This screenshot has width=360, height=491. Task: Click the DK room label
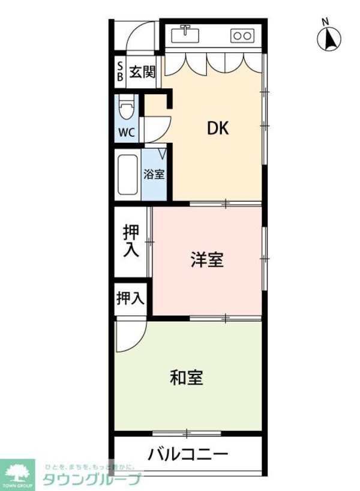[218, 128]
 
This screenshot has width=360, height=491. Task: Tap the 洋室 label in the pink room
[208, 260]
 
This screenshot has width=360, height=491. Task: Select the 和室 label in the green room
[186, 378]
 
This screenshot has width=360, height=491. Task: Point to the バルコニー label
[188, 453]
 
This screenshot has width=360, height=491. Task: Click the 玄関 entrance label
[144, 73]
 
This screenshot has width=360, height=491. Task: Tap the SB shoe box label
[119, 72]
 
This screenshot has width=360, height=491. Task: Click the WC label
[126, 131]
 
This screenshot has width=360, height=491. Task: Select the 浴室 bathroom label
[154, 175]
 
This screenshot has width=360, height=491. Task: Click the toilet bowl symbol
[126, 109]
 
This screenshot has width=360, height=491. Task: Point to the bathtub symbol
[128, 175]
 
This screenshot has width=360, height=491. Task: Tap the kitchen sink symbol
[185, 35]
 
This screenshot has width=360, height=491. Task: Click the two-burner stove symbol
[242, 35]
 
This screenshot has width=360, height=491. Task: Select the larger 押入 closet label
[131, 241]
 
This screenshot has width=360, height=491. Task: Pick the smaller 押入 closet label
[131, 298]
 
